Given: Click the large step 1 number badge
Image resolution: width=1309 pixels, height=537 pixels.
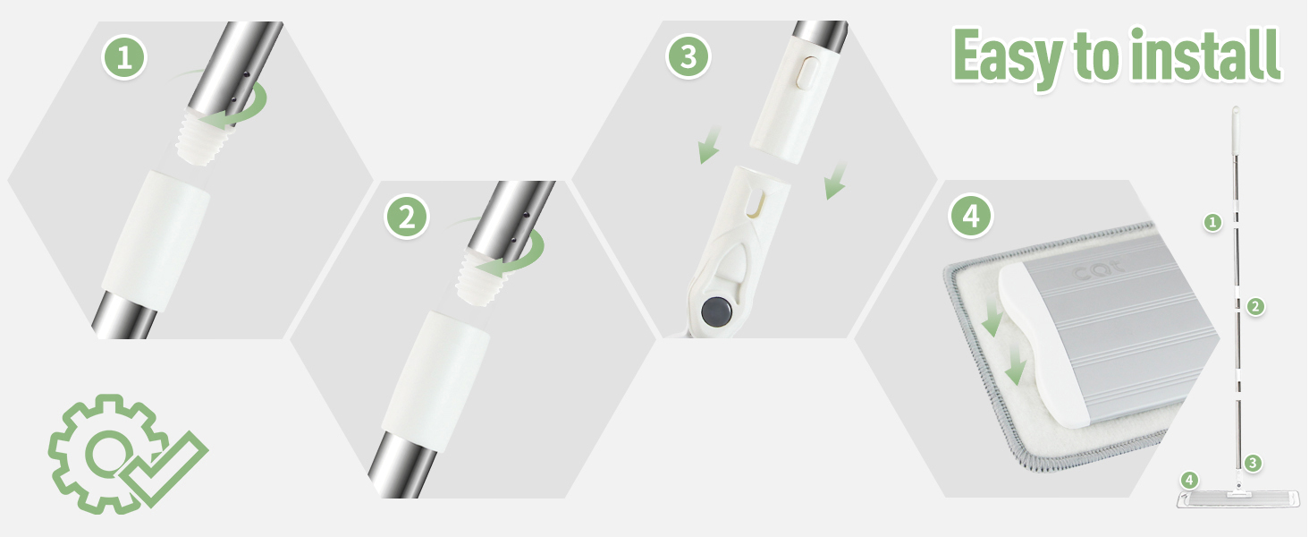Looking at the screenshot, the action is click(124, 57).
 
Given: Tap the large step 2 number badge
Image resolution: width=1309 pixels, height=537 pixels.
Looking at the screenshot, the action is click(407, 217).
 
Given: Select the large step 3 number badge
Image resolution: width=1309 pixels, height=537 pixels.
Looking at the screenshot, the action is click(688, 56).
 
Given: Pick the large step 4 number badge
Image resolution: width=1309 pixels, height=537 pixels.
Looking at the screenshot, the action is click(971, 216).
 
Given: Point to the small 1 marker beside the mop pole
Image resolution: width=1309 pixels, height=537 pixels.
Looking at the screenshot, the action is click(1212, 222).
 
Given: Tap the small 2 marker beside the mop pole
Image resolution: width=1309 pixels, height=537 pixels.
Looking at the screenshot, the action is click(1255, 306).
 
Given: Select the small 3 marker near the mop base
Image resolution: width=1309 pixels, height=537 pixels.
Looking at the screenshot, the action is click(1253, 464).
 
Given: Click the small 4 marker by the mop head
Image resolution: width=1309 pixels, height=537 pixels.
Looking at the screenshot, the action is click(1189, 481).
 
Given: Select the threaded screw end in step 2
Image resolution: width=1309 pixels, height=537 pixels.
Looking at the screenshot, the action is click(482, 277).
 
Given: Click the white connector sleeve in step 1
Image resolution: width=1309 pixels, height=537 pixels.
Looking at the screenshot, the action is click(156, 240).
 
